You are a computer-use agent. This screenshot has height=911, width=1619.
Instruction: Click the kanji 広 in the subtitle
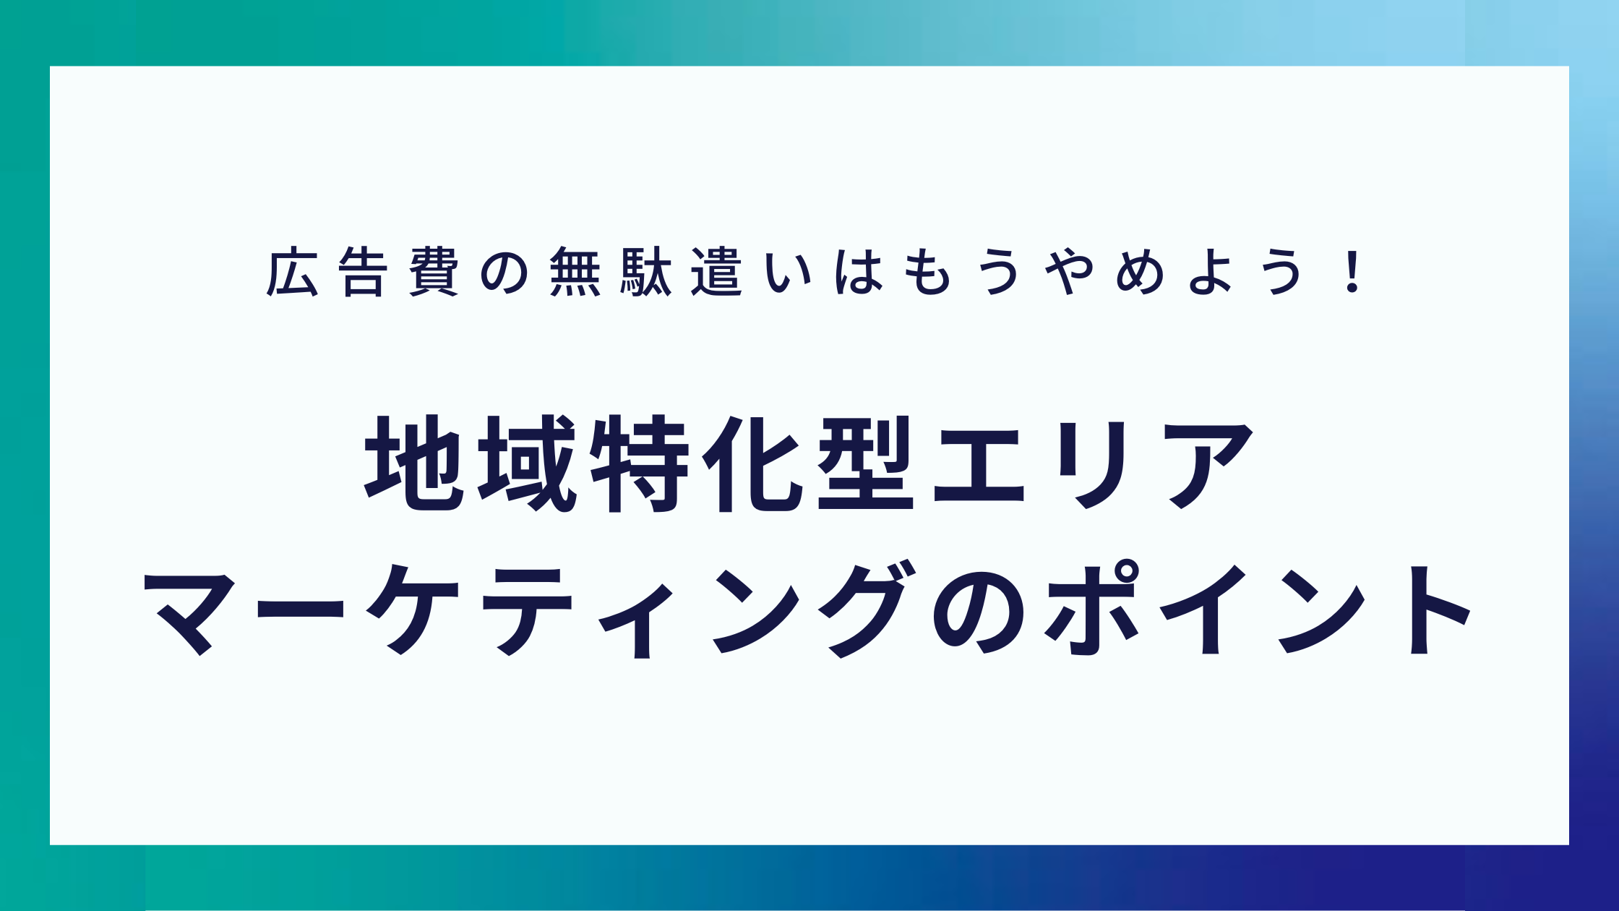click(x=293, y=272)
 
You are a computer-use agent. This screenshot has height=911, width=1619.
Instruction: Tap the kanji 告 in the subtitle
click(x=363, y=272)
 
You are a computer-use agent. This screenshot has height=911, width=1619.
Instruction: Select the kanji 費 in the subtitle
click(x=434, y=272)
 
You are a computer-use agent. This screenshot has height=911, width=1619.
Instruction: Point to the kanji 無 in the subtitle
click(x=575, y=272)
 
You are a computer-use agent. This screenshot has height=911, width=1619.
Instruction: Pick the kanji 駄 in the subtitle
click(x=646, y=272)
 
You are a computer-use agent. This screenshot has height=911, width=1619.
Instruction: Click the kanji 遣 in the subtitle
click(x=716, y=272)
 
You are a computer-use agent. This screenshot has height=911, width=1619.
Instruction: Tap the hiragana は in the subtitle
click(x=859, y=273)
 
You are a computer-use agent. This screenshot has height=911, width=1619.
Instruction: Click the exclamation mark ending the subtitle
click(x=1350, y=272)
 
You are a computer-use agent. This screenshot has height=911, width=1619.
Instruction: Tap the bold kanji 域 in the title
click(x=527, y=463)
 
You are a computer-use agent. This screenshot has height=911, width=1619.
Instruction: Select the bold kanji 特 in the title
click(x=640, y=463)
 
